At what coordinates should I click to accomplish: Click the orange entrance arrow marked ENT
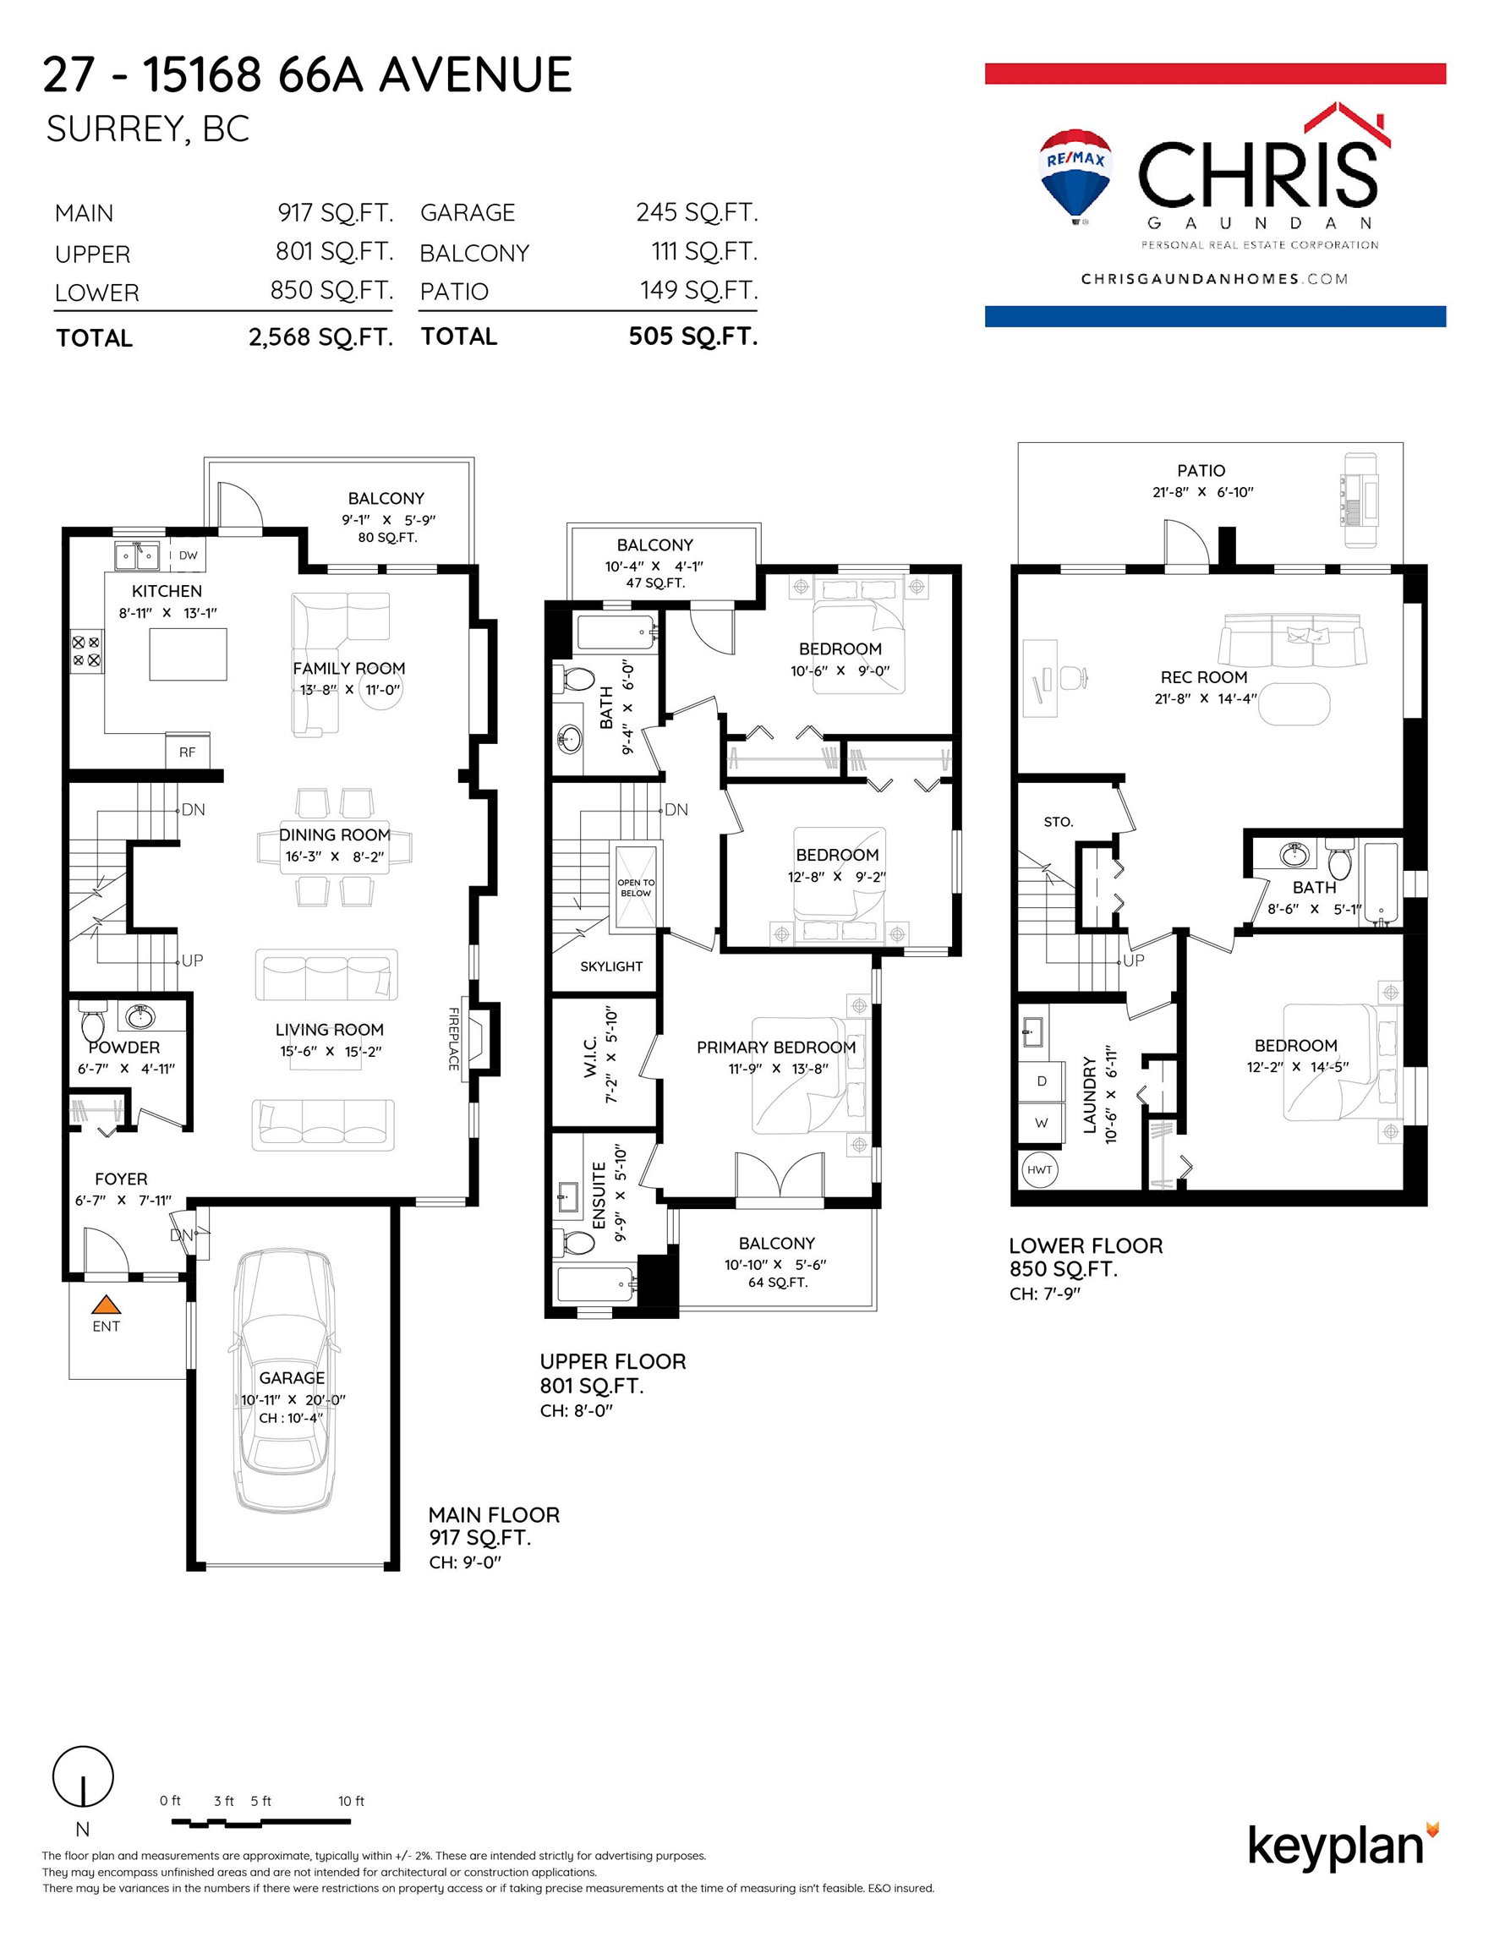click(107, 1304)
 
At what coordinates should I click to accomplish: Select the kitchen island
click(188, 654)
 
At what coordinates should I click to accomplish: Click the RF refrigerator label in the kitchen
click(188, 752)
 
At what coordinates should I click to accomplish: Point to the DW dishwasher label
click(189, 555)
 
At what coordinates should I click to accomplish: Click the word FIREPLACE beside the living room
click(453, 1039)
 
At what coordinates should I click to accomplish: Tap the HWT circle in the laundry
click(1039, 1169)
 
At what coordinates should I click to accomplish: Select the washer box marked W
click(1041, 1123)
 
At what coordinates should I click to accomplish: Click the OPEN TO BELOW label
click(636, 888)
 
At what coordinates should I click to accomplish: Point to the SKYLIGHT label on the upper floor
click(611, 966)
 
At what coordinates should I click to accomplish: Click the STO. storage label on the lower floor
click(1058, 822)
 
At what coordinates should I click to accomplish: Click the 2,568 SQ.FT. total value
click(321, 337)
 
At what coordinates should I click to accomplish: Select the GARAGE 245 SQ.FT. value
click(697, 212)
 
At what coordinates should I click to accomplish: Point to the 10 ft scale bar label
click(352, 1801)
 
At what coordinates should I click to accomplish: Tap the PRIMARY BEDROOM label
click(776, 1048)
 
